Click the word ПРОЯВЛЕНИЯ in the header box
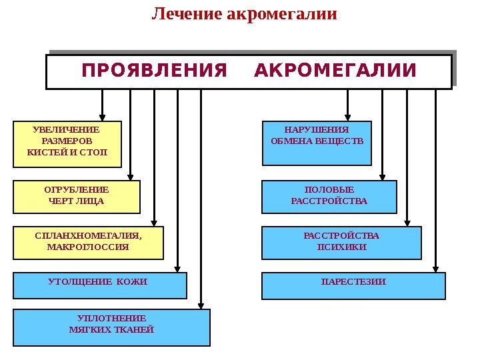[x=154, y=71]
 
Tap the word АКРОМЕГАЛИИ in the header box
[x=335, y=71]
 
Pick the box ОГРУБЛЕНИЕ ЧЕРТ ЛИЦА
[x=77, y=196]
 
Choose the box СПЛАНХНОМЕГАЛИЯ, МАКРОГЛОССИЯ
[x=88, y=243]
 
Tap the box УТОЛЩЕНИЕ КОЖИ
[x=100, y=285]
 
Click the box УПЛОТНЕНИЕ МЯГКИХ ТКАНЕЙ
[x=111, y=327]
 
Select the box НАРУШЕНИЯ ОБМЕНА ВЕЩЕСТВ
[x=317, y=143]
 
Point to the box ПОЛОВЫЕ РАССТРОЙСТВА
[x=329, y=196]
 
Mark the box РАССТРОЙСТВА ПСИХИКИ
[x=341, y=243]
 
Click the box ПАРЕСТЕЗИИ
[x=353, y=285]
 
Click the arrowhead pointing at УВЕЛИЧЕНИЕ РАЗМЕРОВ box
[x=103, y=115]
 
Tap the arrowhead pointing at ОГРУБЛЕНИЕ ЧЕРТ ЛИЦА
[x=131, y=175]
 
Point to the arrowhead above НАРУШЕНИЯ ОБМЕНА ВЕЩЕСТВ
[x=347, y=115]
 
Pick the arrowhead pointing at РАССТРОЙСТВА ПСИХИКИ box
[x=408, y=222]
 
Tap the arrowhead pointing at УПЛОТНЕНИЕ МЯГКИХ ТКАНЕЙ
[x=201, y=304]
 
